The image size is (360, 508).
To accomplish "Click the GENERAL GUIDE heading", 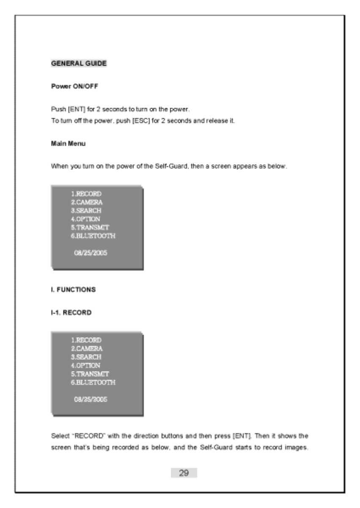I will point(79,64).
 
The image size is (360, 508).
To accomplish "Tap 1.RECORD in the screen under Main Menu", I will point(87,194).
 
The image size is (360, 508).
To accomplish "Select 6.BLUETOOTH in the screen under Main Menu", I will point(93,235).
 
